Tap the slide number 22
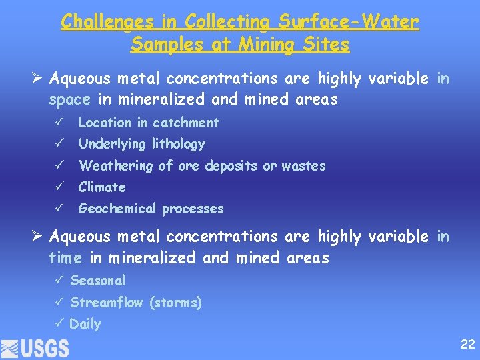467,345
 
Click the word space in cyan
69,100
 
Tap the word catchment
186,123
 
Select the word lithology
179,144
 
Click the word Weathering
115,166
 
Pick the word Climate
102,187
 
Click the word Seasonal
97,281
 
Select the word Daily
85,324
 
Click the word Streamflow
107,303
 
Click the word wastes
304,166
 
